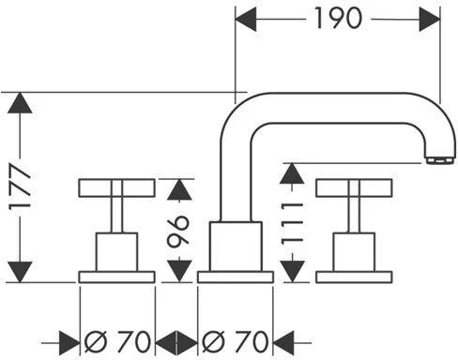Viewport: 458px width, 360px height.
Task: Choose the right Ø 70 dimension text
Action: [236, 338]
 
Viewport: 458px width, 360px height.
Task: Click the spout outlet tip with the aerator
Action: [435, 160]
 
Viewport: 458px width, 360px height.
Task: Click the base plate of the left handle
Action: [116, 277]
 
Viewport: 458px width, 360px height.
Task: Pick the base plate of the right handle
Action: [354, 277]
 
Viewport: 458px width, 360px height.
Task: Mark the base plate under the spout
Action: [236, 277]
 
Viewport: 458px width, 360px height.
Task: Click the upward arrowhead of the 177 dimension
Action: [22, 105]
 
